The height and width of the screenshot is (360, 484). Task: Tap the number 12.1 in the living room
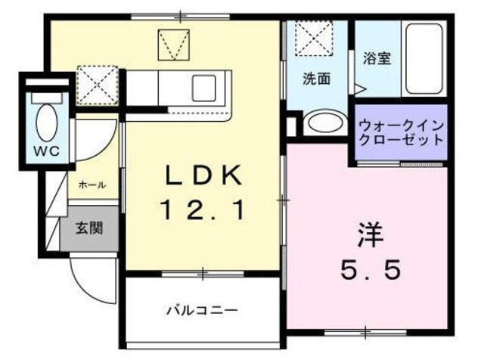[203, 211]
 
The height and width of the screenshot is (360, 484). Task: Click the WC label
[45, 150]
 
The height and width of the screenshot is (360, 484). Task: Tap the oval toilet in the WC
[45, 121]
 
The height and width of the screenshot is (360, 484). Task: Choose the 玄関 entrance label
[88, 226]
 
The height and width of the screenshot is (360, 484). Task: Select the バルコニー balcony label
[202, 310]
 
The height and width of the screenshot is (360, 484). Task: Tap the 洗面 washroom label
[317, 78]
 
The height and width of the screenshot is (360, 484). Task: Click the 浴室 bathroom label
[377, 57]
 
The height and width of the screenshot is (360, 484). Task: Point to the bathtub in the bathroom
[423, 58]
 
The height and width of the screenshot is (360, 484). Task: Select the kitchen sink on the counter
[205, 85]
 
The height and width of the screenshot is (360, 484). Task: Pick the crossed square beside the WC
[97, 83]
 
